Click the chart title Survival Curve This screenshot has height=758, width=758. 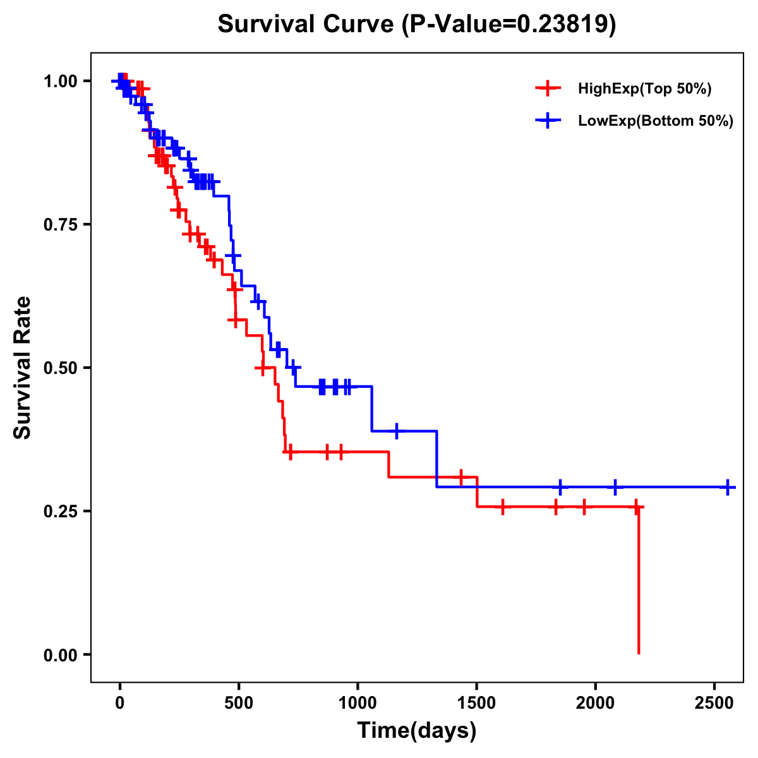coord(416,24)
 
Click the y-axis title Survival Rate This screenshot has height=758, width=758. coord(23,368)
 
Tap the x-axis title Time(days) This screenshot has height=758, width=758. coord(417,731)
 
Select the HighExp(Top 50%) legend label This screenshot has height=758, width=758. coord(644,89)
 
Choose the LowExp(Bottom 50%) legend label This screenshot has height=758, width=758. coord(655,121)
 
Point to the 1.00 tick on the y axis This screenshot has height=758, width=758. coord(60,81)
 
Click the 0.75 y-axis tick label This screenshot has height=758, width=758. coord(60,225)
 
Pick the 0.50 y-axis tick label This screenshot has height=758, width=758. coord(60,368)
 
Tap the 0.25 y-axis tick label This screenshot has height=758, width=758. coord(60,512)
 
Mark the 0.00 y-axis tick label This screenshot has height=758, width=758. coord(60,655)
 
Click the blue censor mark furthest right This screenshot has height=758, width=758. coord(728,488)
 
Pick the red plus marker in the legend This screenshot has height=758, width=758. coord(548,89)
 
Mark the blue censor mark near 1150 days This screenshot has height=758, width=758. coord(396,431)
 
